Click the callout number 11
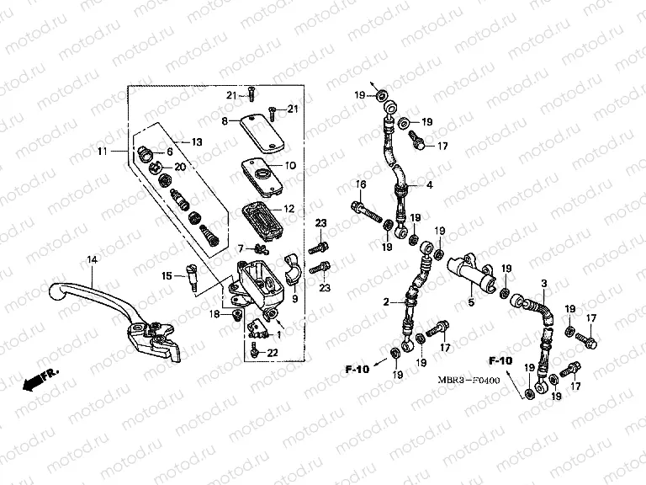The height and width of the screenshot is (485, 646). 103,151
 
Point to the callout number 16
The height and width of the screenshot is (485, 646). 360,184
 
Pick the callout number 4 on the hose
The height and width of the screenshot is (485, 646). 429,185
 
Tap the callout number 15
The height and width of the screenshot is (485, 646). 167,275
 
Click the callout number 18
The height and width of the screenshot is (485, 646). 215,313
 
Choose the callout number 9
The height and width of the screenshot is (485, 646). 294,298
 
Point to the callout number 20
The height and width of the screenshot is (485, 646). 180,167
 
